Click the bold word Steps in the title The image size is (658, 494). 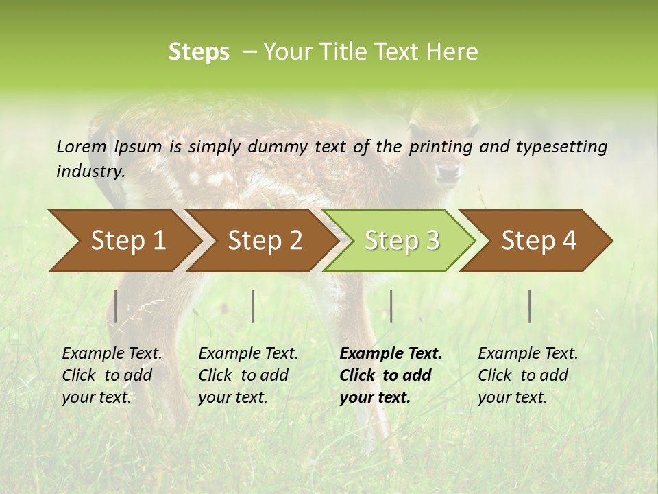[x=199, y=52]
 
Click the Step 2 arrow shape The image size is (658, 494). [x=260, y=241]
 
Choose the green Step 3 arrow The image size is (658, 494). [x=399, y=241]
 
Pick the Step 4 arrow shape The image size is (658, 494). [x=536, y=241]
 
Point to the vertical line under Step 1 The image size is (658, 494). [x=116, y=306]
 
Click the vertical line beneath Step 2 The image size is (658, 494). [x=253, y=306]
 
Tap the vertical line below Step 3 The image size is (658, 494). [x=391, y=306]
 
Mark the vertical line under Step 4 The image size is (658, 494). [x=530, y=306]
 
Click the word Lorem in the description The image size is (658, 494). [x=82, y=146]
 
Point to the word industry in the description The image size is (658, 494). [x=90, y=172]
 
